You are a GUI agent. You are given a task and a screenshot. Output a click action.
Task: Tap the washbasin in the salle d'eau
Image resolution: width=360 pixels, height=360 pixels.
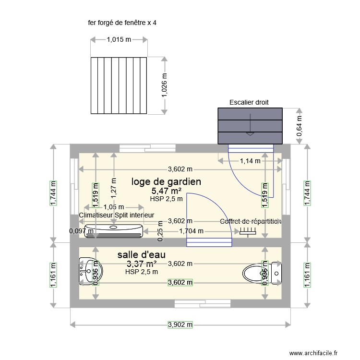coord(89,272)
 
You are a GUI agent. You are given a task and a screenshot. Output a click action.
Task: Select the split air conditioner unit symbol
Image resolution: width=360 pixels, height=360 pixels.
coord(113,231)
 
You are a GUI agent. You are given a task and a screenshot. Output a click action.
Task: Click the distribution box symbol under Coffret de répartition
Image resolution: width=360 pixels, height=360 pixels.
coord(248,231)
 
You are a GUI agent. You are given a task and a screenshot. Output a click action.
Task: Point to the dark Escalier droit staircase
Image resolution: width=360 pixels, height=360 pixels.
coord(250,126)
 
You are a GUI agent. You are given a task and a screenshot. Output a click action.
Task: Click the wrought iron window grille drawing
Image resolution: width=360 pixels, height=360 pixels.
coord(119,85)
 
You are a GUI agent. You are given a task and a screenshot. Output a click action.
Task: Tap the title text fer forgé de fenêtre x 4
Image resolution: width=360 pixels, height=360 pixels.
coord(122,23)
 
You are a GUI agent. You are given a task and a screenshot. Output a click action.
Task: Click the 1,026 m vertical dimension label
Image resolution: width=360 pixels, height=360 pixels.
coord(165,86)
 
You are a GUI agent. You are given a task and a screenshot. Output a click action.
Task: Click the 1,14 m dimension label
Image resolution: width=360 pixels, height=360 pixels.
coord(250,161)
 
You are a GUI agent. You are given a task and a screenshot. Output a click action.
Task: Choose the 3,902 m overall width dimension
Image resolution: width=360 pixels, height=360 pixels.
coord(180,325)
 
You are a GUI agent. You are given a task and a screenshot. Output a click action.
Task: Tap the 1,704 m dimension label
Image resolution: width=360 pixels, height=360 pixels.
coord(192,231)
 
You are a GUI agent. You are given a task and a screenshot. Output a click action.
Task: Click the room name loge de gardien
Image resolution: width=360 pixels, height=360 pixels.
coord(166,181)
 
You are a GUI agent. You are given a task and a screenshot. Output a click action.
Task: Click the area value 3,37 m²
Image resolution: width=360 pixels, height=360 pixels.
coord(142,264)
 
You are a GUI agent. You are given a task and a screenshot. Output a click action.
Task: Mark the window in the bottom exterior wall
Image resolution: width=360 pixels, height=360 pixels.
coord(191,303)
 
